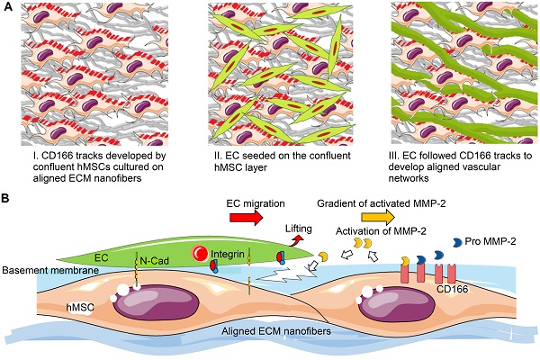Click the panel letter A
(x=8, y=8)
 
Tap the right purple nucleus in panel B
(x=387, y=307)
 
